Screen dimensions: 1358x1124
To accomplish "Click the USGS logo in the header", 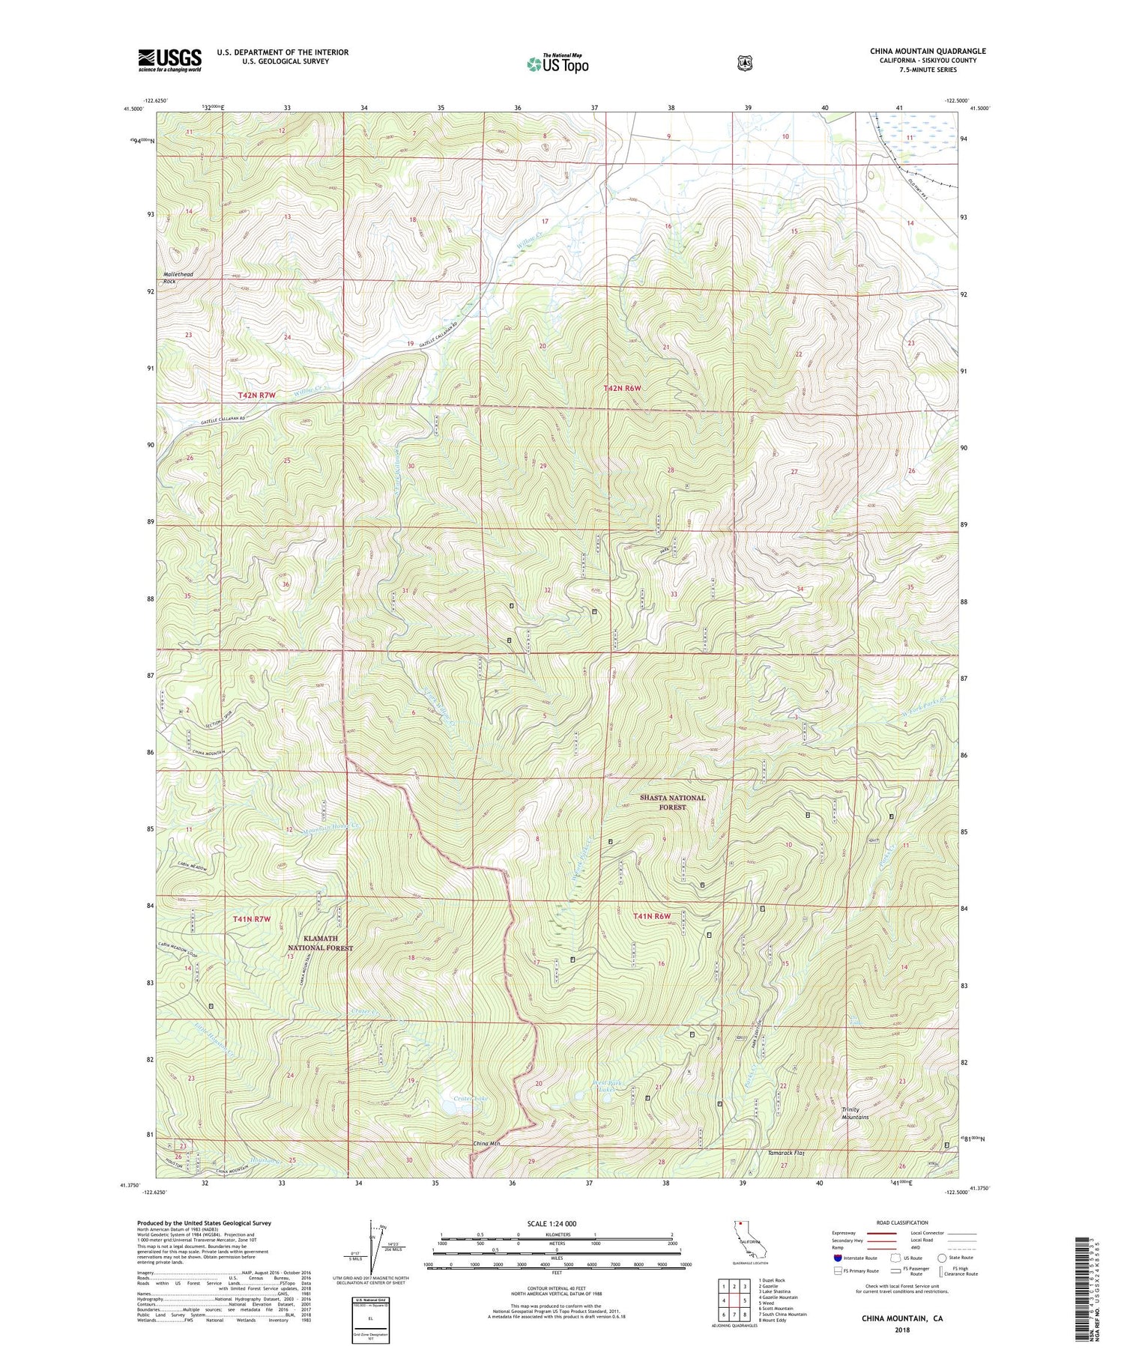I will click(169, 60).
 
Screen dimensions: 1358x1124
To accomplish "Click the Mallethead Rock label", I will click(178, 278).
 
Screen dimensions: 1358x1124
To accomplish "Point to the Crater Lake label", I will click(471, 1098).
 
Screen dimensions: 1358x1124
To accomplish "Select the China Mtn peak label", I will click(486, 1144).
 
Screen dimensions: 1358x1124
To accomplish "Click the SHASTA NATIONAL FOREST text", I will click(672, 802).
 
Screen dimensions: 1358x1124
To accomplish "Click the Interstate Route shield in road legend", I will click(837, 1258).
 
